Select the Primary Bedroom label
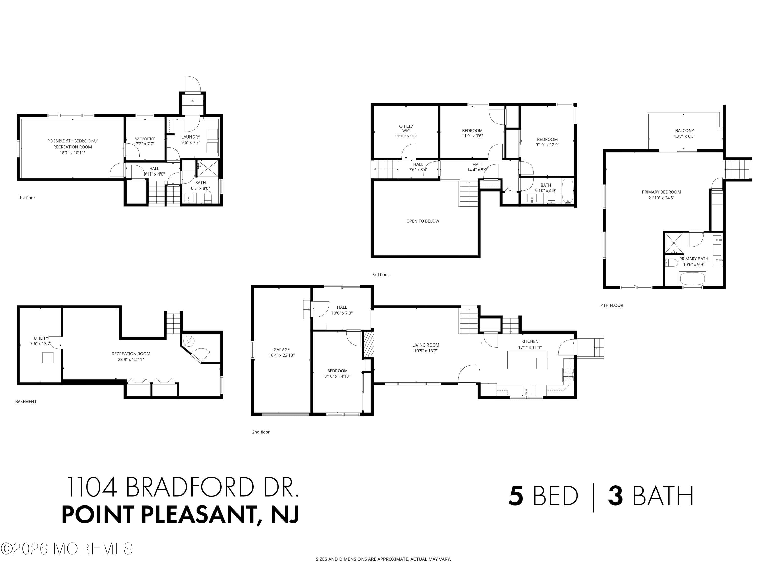tap(661, 192)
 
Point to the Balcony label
tap(684, 131)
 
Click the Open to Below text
tap(422, 221)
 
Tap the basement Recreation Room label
tap(131, 354)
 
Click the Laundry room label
tap(190, 137)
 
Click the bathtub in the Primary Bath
tap(692, 278)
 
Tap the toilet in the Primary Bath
tap(671, 263)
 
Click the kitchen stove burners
tap(568, 375)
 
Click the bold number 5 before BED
tap(516, 496)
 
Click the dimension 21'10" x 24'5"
tap(661, 198)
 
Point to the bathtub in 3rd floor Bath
tap(567, 190)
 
